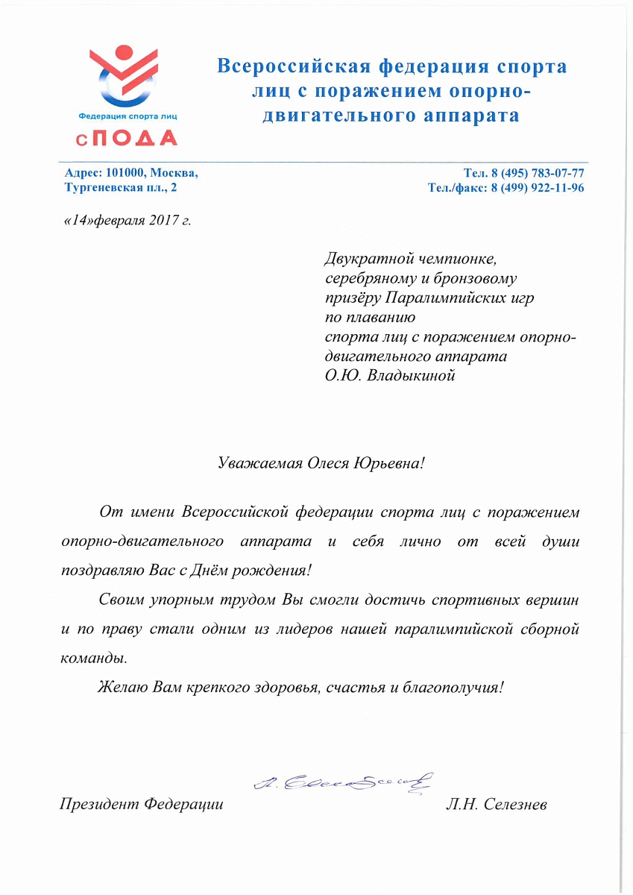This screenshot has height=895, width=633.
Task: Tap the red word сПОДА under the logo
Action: pos(127,138)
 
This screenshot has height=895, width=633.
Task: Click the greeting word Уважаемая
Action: pos(256,463)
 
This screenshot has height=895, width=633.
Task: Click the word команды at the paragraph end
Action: pos(93,659)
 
